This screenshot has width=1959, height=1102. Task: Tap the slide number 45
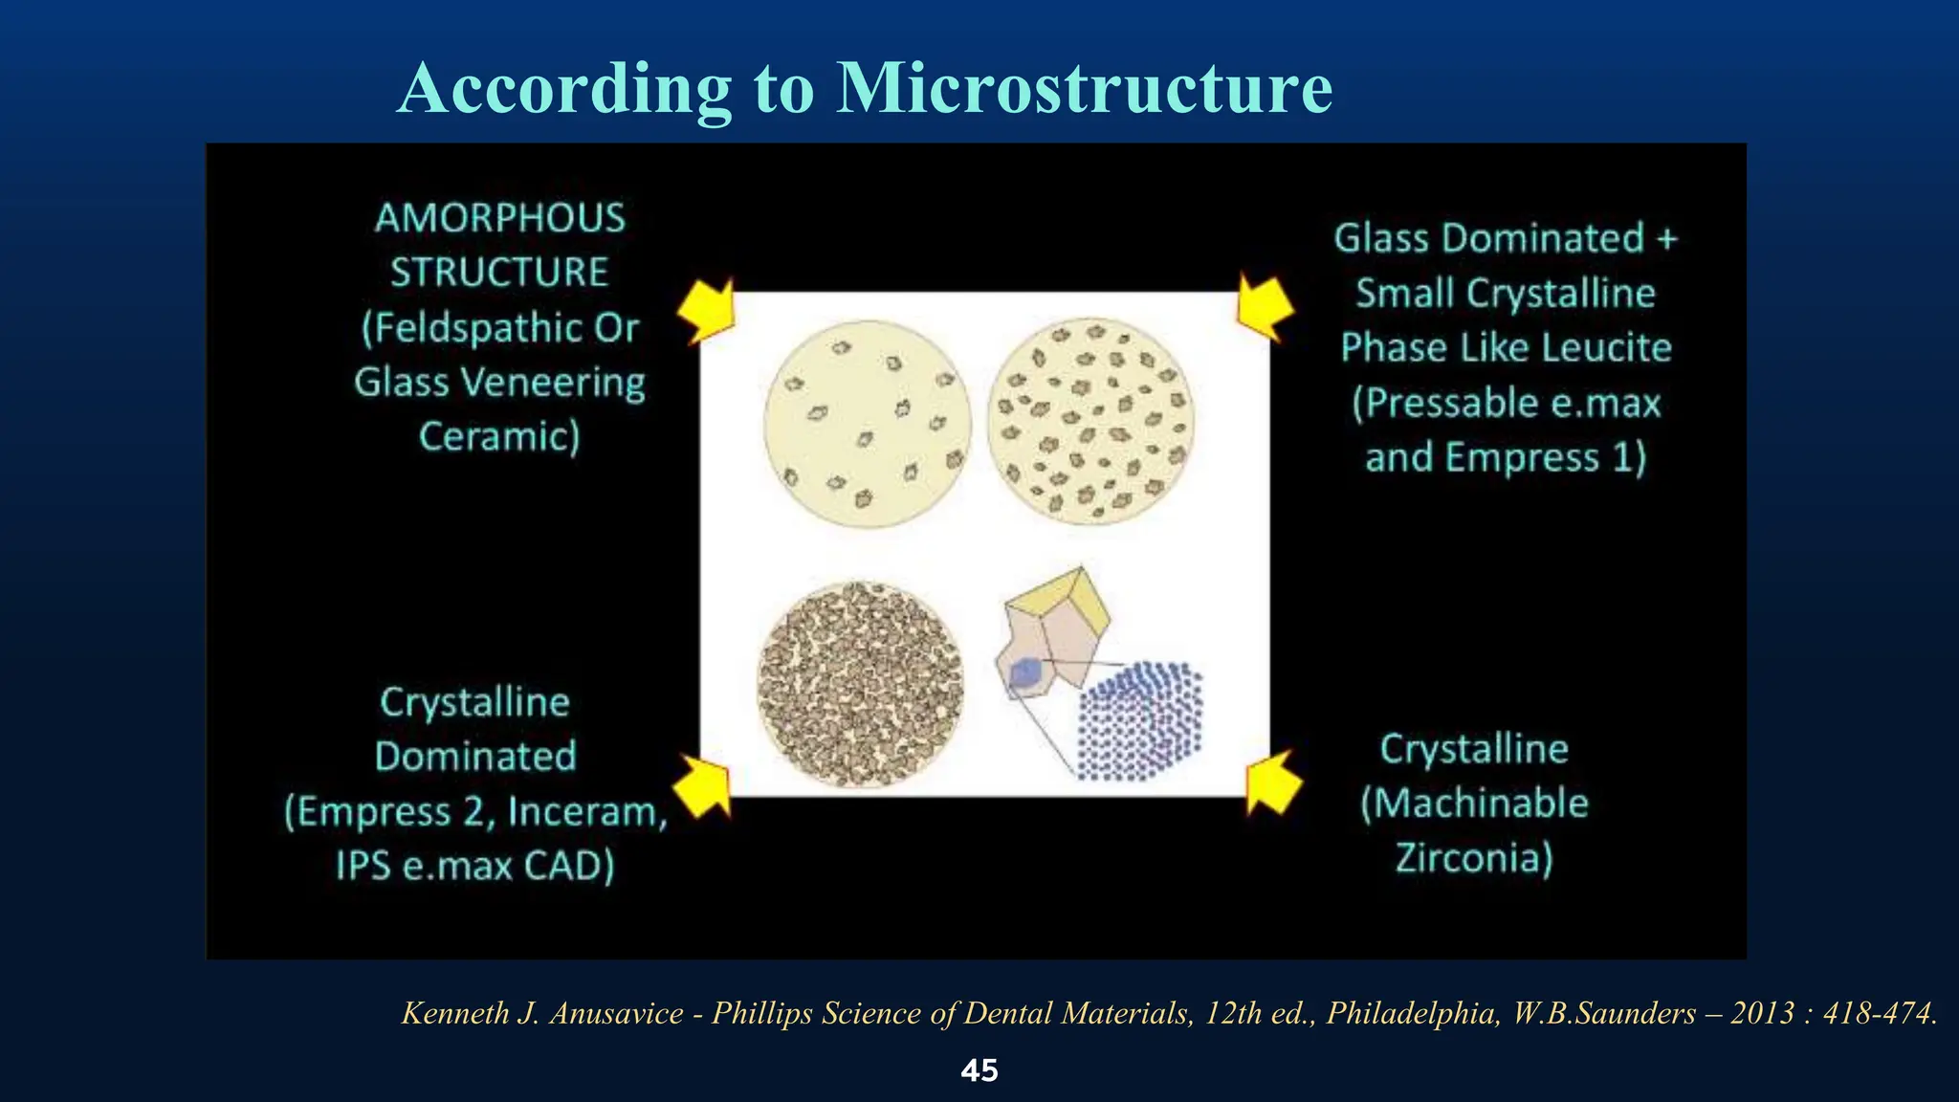coord(979,1070)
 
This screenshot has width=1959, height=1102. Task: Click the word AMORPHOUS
coord(499,218)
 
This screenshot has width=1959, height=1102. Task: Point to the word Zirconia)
coord(1473,857)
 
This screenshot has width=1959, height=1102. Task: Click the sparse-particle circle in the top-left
coord(867,424)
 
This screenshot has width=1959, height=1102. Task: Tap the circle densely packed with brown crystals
coord(860,685)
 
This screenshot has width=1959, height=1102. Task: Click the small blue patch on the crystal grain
coord(1025,672)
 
